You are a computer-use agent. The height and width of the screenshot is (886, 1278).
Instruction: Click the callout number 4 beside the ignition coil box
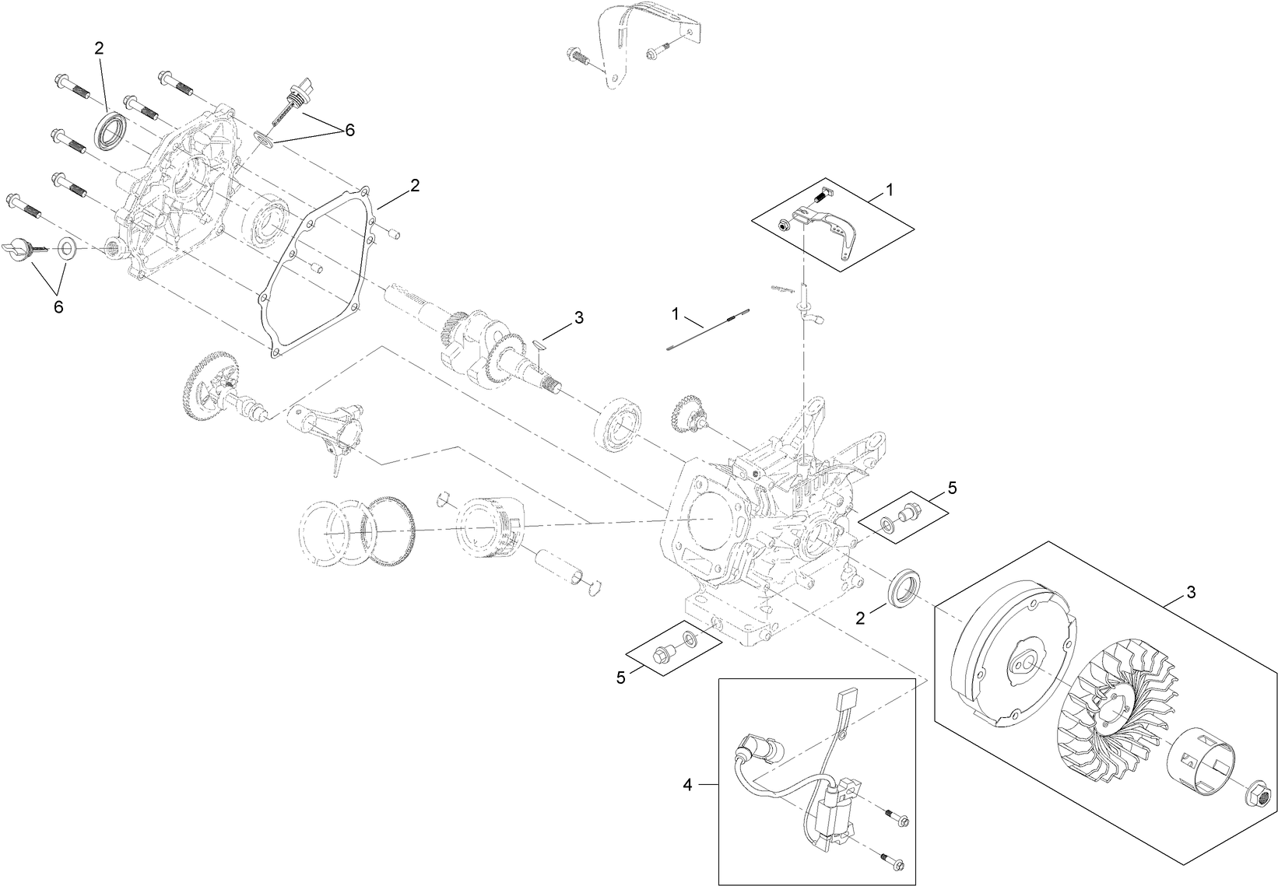click(x=687, y=786)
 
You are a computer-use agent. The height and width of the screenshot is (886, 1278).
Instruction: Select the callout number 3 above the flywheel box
click(x=1191, y=593)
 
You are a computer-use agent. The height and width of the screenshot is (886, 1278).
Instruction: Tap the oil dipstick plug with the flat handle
click(x=23, y=250)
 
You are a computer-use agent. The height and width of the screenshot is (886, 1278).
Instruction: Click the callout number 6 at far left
click(x=58, y=306)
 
